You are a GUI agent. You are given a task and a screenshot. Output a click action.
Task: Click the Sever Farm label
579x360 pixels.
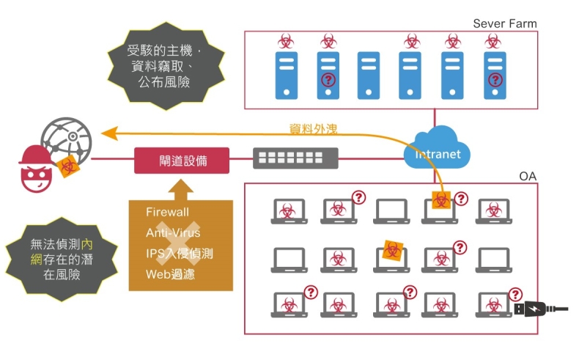[x=504, y=23]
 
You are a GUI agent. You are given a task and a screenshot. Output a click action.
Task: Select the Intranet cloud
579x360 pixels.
[x=438, y=149]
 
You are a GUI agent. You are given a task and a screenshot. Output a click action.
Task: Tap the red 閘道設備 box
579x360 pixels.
[x=182, y=161]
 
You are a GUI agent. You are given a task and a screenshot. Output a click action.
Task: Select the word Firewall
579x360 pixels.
[x=167, y=212]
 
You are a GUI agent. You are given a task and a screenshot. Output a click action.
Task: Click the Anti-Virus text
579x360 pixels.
[x=173, y=232]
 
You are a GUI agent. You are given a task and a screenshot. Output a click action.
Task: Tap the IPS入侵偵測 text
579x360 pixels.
[x=180, y=254]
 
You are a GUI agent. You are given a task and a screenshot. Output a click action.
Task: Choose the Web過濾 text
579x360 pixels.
[x=171, y=275]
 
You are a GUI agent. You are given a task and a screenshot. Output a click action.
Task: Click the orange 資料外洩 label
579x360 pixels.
[x=313, y=129]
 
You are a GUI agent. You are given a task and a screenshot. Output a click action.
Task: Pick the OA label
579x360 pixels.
[x=528, y=177]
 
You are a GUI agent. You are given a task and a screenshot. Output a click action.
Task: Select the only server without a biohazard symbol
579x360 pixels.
[x=369, y=74]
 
